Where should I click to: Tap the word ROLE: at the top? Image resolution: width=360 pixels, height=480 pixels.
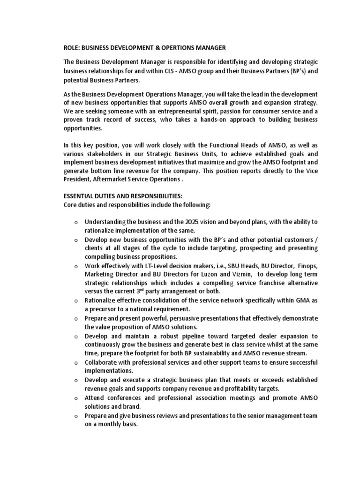72,47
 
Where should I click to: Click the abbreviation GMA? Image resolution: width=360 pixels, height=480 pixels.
297,301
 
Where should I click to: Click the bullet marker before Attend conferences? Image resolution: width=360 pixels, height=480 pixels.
75,398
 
